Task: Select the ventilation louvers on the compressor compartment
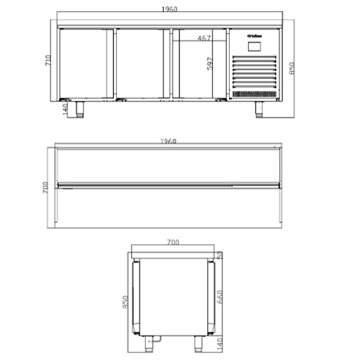point(255,72)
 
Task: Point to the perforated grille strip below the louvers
point(255,94)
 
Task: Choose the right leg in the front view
point(259,109)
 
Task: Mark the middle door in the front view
point(140,64)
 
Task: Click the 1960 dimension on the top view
point(168,142)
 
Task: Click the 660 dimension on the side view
point(220,297)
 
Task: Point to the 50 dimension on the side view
point(220,256)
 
